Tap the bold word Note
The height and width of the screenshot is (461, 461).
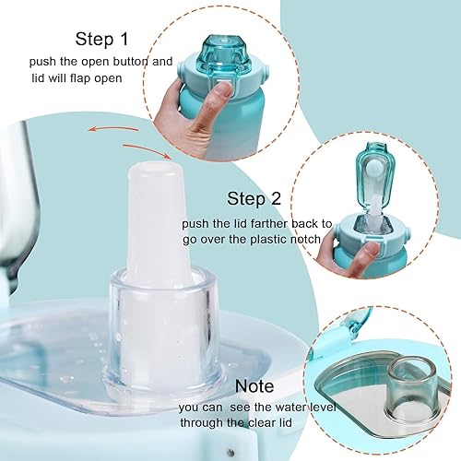pyautogui.click(x=254, y=386)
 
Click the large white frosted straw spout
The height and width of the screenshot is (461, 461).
pyautogui.click(x=158, y=217)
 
